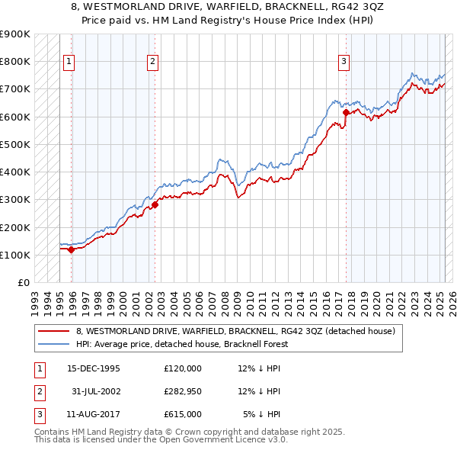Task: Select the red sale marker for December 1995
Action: point(71,249)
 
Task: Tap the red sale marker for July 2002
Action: point(155,204)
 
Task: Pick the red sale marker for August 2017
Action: point(346,112)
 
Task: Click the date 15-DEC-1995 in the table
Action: point(94,368)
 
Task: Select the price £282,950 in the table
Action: point(183,391)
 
